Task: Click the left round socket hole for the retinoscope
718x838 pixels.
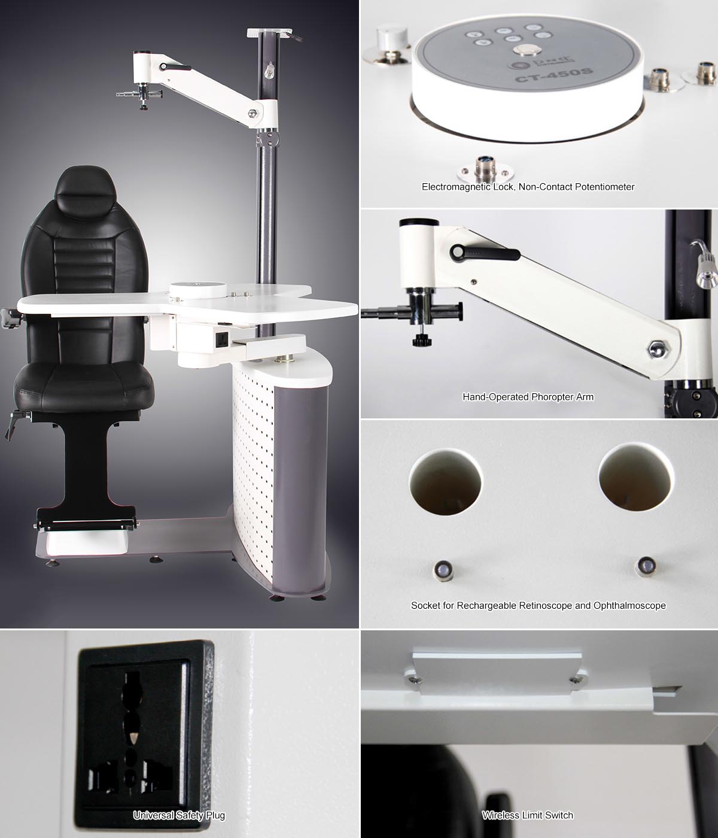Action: pyautogui.click(x=445, y=481)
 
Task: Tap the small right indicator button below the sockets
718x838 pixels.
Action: pyautogui.click(x=646, y=566)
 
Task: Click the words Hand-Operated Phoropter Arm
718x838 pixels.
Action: pyautogui.click(x=528, y=397)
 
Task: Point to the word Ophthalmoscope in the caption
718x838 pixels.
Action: pyautogui.click(x=629, y=605)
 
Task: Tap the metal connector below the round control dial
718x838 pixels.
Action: pyautogui.click(x=485, y=169)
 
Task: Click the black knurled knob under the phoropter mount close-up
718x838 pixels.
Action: pyautogui.click(x=422, y=340)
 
